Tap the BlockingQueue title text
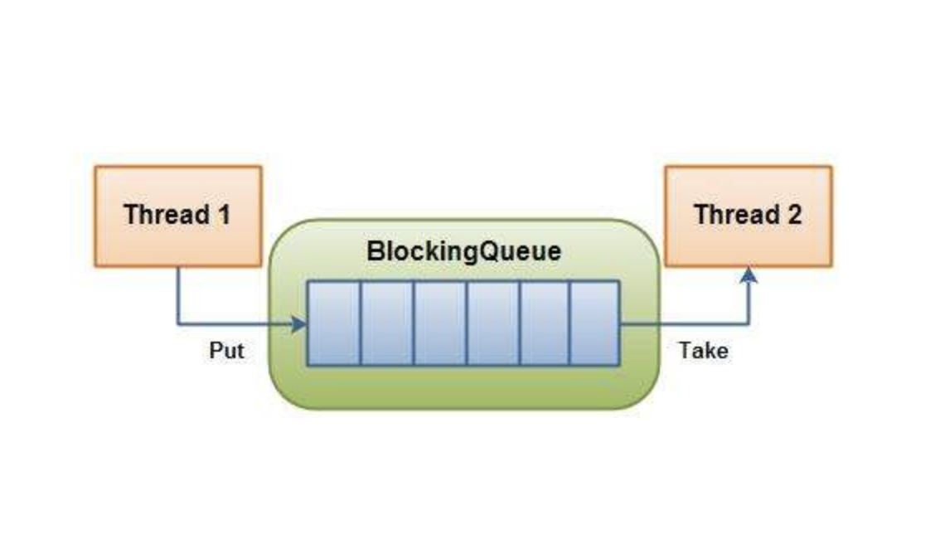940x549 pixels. [463, 251]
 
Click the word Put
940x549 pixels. [226, 351]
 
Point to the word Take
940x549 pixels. [703, 351]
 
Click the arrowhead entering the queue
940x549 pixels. [299, 324]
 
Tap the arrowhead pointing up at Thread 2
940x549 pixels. [749, 274]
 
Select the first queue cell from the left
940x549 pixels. [334, 323]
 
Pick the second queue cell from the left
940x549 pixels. [387, 323]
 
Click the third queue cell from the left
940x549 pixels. [440, 323]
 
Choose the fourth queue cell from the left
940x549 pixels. [493, 323]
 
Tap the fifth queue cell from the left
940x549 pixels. [545, 323]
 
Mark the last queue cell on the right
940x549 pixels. [594, 323]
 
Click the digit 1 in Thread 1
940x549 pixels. [223, 215]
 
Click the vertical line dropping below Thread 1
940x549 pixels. [177, 294]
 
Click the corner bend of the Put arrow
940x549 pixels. [178, 324]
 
